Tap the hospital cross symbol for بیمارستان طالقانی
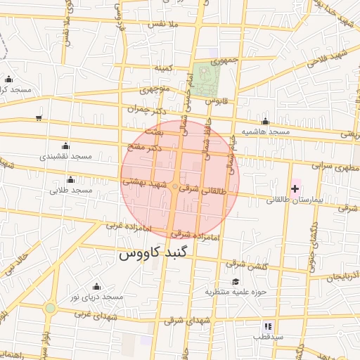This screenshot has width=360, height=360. [x=295, y=188]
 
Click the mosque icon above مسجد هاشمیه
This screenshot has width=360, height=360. [x=265, y=122]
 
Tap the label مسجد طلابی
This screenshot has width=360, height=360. [x=71, y=191]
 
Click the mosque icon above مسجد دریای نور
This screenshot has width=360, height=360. [x=96, y=286]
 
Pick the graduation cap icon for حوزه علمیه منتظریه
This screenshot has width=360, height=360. [x=235, y=281]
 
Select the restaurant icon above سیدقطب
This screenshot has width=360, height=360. [x=267, y=326]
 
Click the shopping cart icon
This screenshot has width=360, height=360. [x=38, y=117]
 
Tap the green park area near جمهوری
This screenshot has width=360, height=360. [x=207, y=79]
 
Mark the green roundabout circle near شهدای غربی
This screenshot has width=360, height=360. [x=50, y=308]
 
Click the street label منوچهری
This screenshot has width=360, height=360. [x=154, y=90]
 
